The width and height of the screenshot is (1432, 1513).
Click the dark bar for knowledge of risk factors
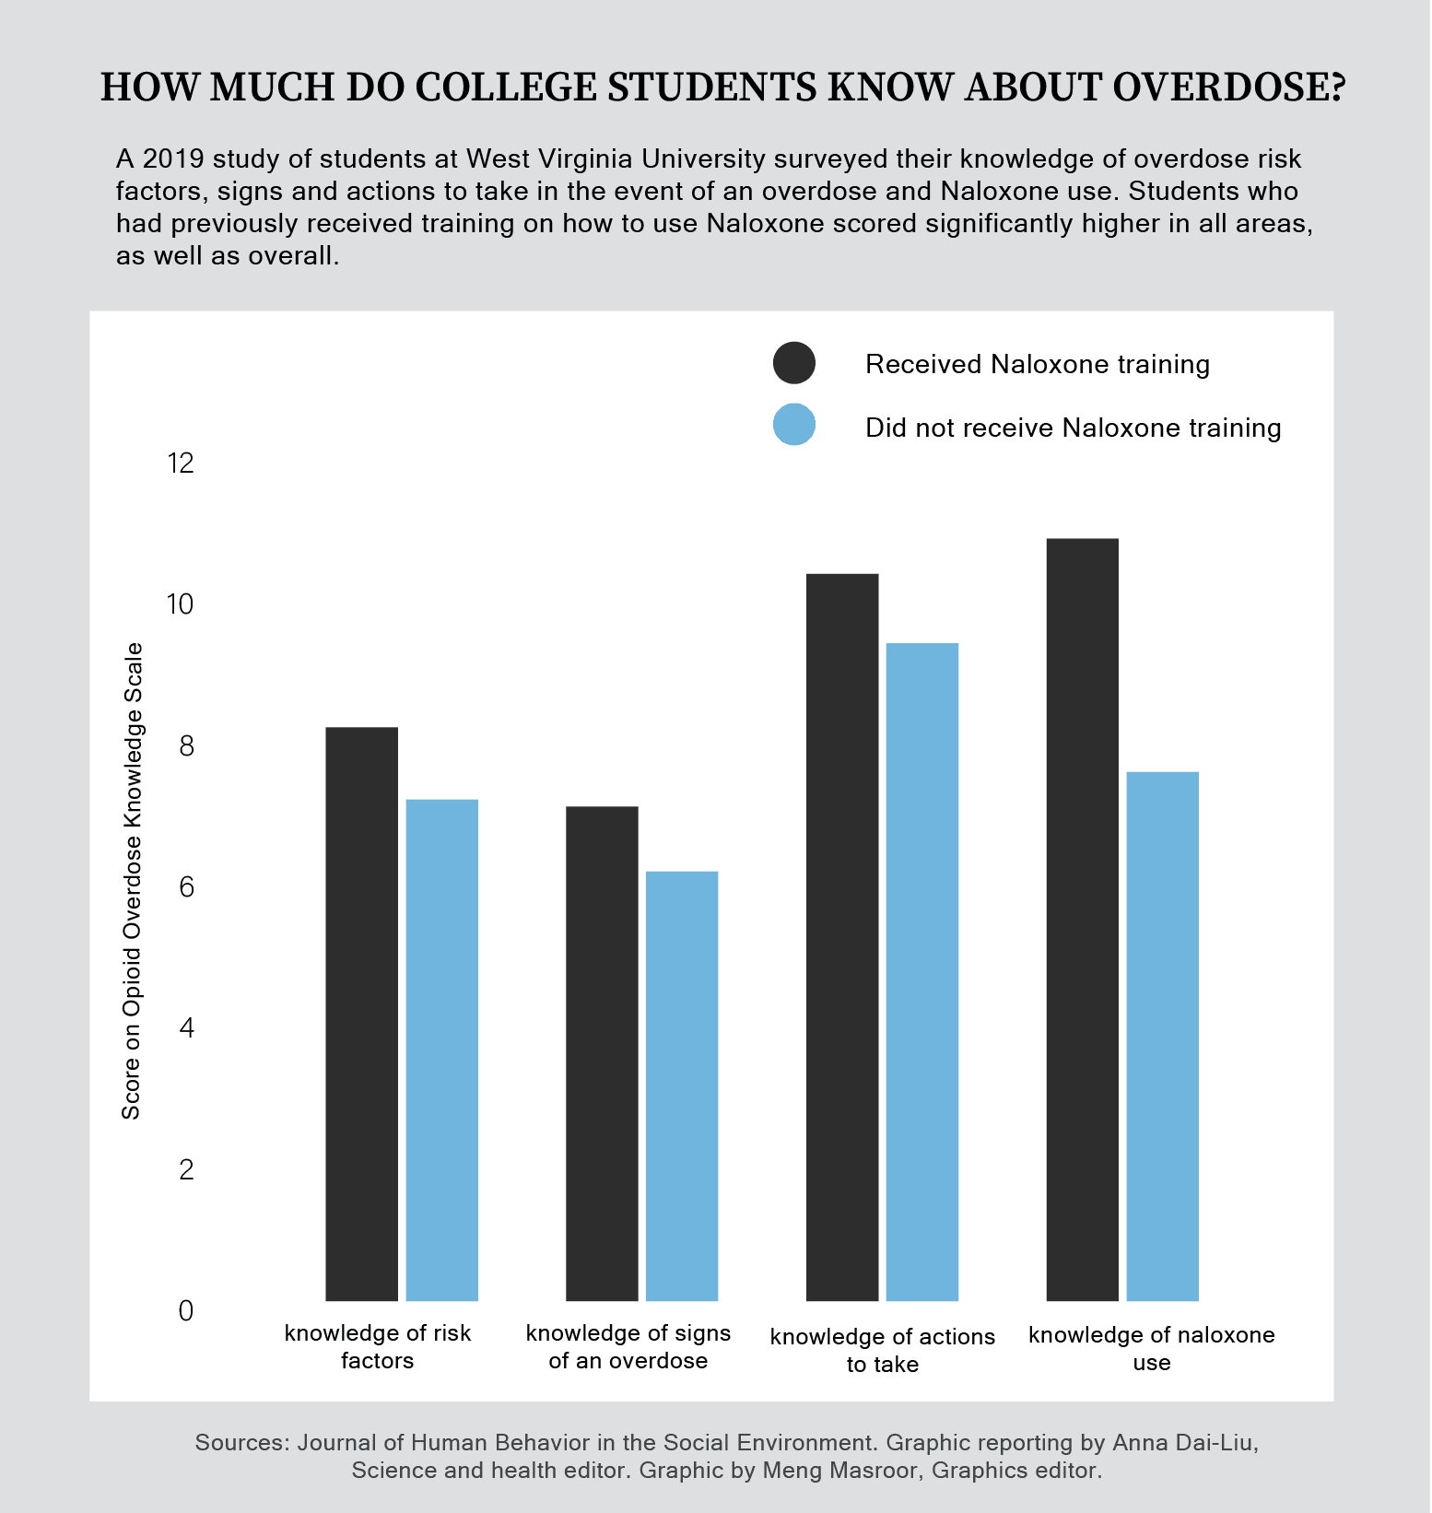tap(362, 1014)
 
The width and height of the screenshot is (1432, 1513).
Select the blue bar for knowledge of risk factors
tap(442, 1050)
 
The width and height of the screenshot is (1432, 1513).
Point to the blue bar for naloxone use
tap(1163, 1036)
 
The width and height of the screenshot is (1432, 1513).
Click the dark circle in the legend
tap(794, 363)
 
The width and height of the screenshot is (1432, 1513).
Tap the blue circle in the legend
tap(794, 425)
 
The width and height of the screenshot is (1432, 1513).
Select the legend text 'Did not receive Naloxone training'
tap(1073, 428)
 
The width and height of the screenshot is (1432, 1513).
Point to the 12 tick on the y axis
tap(181, 463)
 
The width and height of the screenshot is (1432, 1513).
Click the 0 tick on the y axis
tap(186, 1310)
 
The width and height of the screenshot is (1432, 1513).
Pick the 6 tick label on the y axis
tap(186, 887)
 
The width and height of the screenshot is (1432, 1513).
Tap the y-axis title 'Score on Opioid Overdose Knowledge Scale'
tap(132, 881)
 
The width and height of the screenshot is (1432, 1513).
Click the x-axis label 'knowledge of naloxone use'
tap(1152, 1348)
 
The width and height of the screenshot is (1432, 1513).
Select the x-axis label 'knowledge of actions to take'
tap(883, 1350)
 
